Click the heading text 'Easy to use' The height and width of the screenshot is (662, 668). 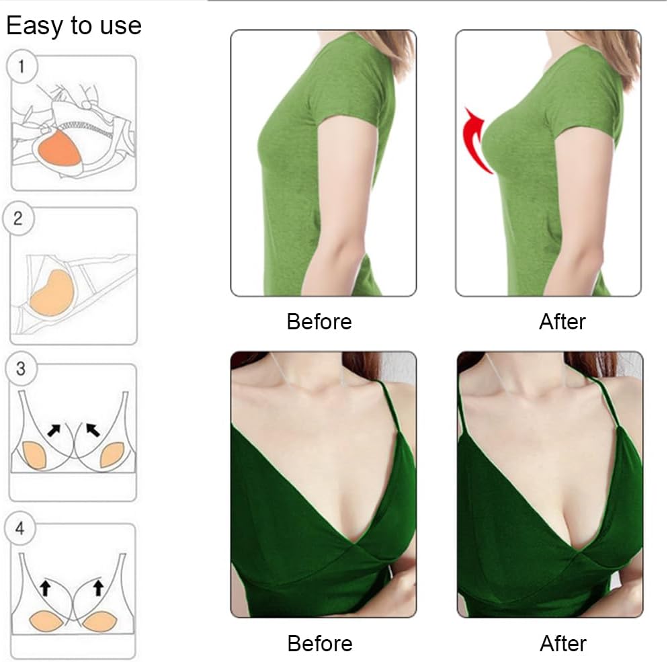[x=74, y=26]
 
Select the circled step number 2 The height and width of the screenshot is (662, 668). [x=18, y=218]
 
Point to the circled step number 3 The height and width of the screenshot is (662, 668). [x=21, y=369]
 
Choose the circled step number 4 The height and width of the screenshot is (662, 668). [x=20, y=529]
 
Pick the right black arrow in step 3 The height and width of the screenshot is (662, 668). [x=92, y=429]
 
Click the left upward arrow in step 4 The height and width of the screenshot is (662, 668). [x=45, y=588]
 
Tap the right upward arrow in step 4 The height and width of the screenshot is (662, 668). [x=98, y=588]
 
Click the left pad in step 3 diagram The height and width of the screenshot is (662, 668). [x=34, y=456]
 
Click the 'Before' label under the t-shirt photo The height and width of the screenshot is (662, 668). [x=319, y=321]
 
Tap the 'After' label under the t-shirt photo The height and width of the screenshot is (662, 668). [x=562, y=321]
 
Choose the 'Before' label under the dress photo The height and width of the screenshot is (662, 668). [x=319, y=643]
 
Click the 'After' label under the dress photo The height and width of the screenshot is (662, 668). [x=563, y=643]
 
